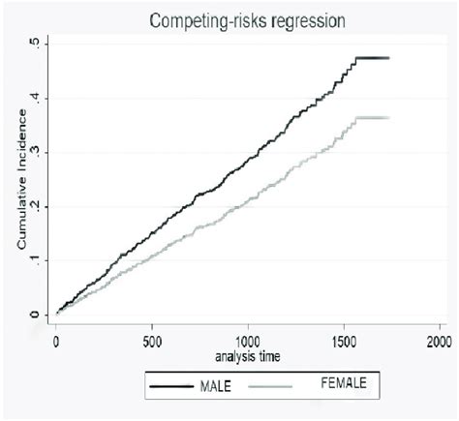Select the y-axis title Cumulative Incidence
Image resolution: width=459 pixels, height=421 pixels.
point(20,190)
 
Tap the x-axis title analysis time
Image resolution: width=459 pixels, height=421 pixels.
point(248,356)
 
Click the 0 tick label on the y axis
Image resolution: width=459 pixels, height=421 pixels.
point(37,315)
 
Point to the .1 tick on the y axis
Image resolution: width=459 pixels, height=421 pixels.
point(36,260)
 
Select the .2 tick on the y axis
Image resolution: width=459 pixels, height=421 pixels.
point(36,206)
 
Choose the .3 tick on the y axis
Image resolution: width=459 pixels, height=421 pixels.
point(36,152)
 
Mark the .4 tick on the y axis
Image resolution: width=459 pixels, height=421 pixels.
point(36,98)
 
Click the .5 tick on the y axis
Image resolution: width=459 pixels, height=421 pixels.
point(36,44)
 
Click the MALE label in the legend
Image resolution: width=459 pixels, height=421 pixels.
point(216,387)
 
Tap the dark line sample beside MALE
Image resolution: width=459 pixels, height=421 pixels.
point(170,387)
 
